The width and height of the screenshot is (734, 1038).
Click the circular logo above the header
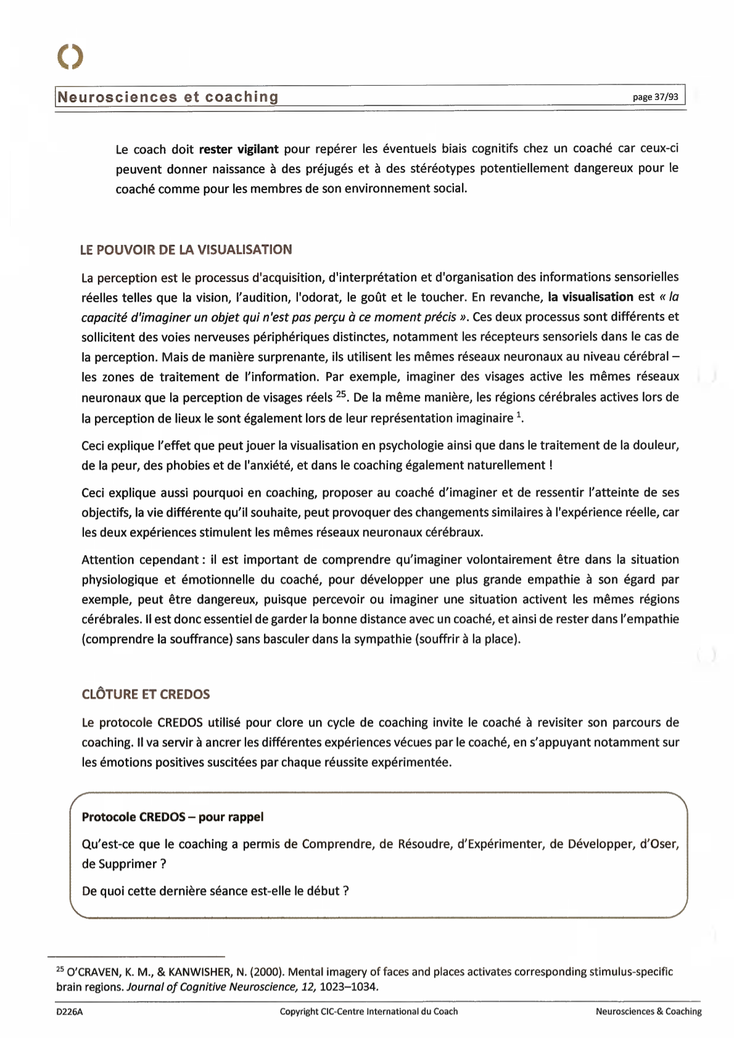(70, 56)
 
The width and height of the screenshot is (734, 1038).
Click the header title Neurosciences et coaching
(168, 97)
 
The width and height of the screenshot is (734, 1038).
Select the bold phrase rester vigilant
(239, 149)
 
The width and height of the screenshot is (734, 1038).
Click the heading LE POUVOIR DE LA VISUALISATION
(186, 250)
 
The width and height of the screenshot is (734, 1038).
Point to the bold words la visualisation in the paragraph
(590, 297)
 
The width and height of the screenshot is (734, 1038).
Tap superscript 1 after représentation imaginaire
(519, 414)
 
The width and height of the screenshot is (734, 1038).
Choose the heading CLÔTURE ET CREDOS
(146, 694)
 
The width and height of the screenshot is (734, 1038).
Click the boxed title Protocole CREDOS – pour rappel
(173, 817)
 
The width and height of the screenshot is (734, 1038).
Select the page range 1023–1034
(348, 987)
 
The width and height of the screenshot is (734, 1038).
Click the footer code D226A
(69, 1011)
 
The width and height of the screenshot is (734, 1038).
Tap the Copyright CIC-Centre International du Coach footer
(368, 1011)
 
